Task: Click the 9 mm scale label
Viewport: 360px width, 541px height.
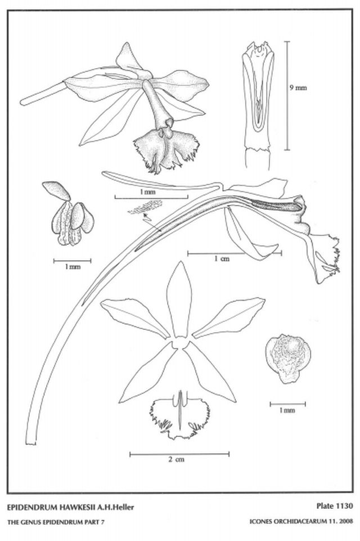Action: (x=298, y=88)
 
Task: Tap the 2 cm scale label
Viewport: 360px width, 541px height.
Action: (x=176, y=459)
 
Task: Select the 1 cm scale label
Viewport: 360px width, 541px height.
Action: (x=222, y=258)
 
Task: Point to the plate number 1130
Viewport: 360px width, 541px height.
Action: (x=343, y=506)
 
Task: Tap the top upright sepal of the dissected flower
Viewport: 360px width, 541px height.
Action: (x=179, y=299)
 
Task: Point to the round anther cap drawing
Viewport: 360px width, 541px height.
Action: (x=288, y=359)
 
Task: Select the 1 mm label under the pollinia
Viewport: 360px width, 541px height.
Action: (x=72, y=267)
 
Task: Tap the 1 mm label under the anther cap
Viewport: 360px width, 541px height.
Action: (x=287, y=410)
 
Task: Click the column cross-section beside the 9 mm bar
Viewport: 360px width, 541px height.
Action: (x=258, y=105)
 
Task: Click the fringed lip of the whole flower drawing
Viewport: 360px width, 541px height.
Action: (x=166, y=150)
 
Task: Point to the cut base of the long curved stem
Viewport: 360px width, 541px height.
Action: (x=31, y=443)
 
